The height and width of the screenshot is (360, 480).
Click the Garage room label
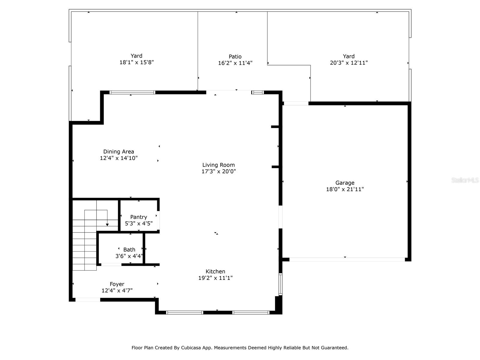tap(345, 183)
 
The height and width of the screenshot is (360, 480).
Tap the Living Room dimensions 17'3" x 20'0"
tap(219, 172)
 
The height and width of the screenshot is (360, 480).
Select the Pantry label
tap(139, 217)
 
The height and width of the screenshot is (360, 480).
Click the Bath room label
tap(129, 250)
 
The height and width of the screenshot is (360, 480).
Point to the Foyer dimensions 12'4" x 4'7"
tap(117, 290)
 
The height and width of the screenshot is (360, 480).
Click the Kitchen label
tap(215, 271)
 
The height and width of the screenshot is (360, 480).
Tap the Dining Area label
tap(118, 151)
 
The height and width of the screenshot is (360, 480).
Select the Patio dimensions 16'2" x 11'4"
tap(235, 63)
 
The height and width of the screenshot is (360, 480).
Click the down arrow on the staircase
tap(107, 224)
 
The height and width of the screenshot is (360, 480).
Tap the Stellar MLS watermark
tap(465, 180)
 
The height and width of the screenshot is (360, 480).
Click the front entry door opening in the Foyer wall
tap(88, 299)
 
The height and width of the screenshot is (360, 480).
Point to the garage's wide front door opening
tap(347, 259)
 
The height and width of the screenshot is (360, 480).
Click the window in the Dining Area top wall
tap(132, 92)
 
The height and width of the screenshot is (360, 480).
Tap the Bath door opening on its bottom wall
tap(111, 265)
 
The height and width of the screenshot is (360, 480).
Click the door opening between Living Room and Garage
tap(280, 217)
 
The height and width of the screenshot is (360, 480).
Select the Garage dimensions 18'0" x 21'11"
tap(345, 189)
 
